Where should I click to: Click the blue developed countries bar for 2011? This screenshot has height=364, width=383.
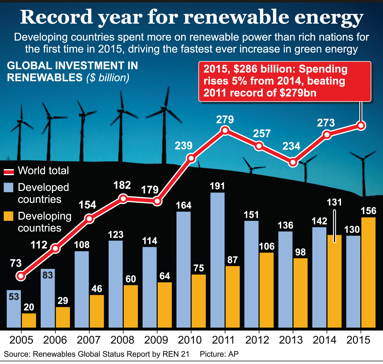pyautogui.click(x=218, y=260)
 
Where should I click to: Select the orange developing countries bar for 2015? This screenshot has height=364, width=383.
pyautogui.click(x=368, y=272)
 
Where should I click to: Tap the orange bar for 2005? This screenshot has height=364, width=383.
pyautogui.click(x=29, y=320)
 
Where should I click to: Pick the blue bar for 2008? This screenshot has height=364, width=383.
pyautogui.click(x=115, y=284)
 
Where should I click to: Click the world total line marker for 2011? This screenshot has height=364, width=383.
pyautogui.click(x=225, y=130)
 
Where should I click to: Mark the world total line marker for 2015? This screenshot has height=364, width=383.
pyautogui.click(x=361, y=126)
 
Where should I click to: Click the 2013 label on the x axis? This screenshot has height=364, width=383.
pyautogui.click(x=291, y=340)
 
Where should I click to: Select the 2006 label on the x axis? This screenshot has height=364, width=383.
pyautogui.click(x=55, y=340)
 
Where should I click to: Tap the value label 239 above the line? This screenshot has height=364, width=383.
pyautogui.click(x=183, y=146)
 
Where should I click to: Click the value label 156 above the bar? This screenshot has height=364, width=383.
pyautogui.click(x=368, y=211)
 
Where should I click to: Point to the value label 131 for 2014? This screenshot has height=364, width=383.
pyautogui.click(x=334, y=202)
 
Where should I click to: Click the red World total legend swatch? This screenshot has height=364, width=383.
pyautogui.click(x=9, y=172)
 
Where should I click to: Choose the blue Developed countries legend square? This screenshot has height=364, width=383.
pyautogui.click(x=9, y=188)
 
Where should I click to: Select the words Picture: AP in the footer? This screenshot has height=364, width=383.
pyautogui.click(x=219, y=354)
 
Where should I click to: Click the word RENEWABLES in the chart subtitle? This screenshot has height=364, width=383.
pyautogui.click(x=45, y=78)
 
